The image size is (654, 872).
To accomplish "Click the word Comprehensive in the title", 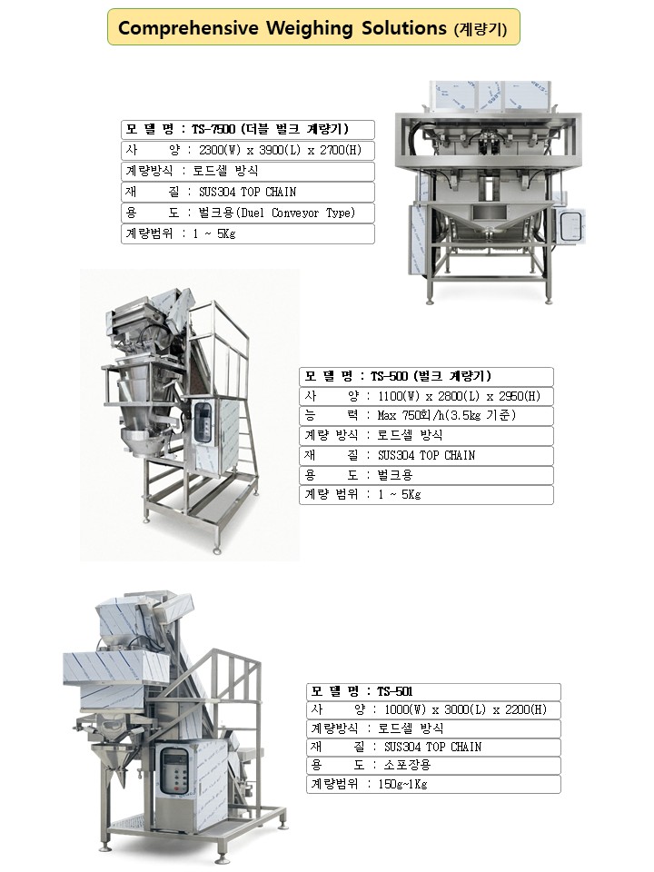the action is tap(188, 28).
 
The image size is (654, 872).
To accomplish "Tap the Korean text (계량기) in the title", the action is tap(481, 29).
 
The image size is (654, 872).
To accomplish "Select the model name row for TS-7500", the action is tap(248, 130).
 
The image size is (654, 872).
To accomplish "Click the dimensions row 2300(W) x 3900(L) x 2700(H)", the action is tap(248, 150).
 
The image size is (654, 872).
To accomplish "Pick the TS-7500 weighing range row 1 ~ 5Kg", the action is tap(248, 233).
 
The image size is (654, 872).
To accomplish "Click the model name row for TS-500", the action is tap(427, 376).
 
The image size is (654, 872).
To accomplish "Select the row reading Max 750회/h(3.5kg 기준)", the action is tap(427, 415).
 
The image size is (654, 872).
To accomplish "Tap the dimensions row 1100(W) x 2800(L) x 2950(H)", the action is tap(427, 396).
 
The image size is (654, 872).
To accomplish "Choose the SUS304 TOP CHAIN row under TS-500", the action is tap(427, 455).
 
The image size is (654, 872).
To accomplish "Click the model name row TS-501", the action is tap(434, 692).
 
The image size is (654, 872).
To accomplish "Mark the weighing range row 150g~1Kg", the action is tap(434, 784).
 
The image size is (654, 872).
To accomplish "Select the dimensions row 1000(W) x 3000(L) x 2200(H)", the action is tap(434, 709).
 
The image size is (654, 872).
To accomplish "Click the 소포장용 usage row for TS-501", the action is tap(434, 765).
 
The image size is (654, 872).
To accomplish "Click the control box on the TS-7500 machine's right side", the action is tap(572, 226).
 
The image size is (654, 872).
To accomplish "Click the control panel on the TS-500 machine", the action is tap(202, 422).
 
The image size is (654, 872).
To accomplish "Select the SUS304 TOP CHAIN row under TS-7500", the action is tap(248, 192).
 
